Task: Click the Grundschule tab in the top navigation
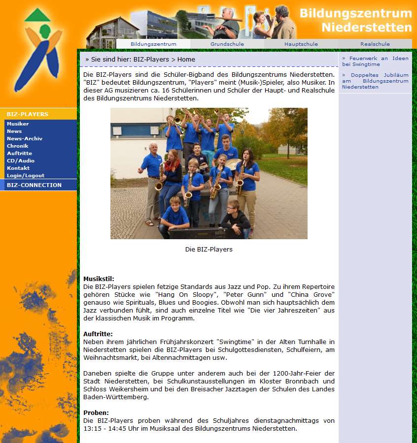227,44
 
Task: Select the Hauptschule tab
301,44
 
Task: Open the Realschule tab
375,44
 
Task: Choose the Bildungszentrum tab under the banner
153,44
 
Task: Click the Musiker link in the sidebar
18,124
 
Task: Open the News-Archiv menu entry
25,138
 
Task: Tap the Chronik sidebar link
18,146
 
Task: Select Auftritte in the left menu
20,153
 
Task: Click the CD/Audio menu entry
21,160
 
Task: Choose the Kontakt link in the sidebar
18,168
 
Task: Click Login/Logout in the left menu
26,175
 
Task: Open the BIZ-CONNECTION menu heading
34,185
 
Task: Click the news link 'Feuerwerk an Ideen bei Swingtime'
375,61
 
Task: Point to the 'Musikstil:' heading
99,279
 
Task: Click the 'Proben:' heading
96,412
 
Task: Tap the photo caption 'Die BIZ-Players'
208,249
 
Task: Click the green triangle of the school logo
37,15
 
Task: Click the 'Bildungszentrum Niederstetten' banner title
355,20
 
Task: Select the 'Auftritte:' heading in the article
98,334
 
